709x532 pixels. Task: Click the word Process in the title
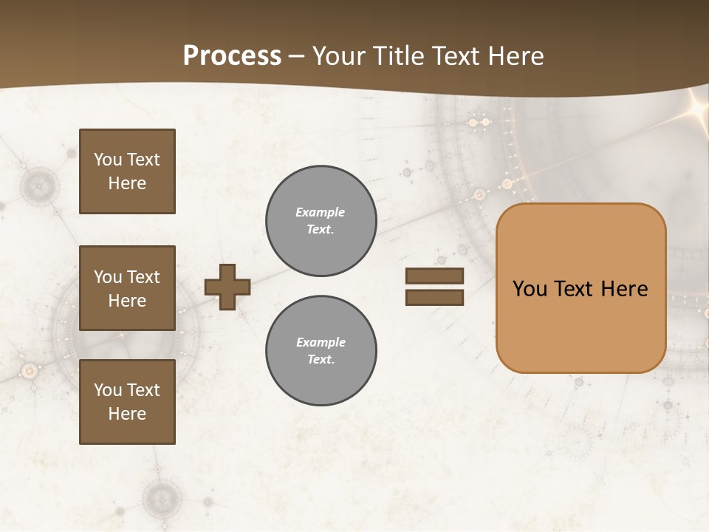[232, 56]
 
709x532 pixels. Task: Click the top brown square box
[127, 171]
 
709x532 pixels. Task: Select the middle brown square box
[127, 288]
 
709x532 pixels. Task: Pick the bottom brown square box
[127, 402]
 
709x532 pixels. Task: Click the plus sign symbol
[227, 287]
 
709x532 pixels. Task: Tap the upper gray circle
[321, 221]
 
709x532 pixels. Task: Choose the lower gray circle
[321, 351]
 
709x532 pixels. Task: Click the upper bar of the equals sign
[434, 276]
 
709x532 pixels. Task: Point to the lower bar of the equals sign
[434, 298]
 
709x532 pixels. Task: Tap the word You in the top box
[108, 160]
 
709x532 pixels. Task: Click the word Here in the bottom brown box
[127, 414]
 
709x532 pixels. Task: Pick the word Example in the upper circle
[320, 212]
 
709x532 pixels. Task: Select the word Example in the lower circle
[321, 342]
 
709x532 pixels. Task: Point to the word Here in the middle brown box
[127, 301]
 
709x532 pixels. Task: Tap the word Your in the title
[339, 56]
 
